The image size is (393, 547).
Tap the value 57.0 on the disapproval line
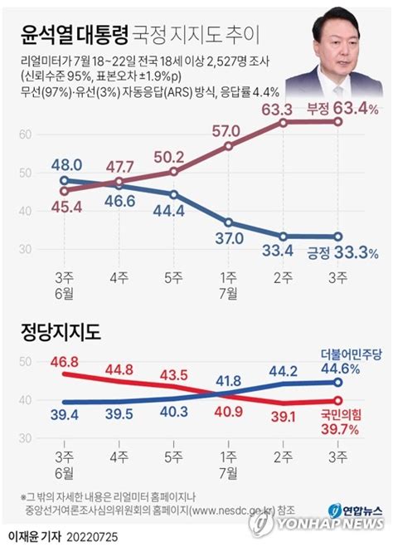[x=226, y=130]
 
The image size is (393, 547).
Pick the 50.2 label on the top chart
[x=172, y=156]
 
